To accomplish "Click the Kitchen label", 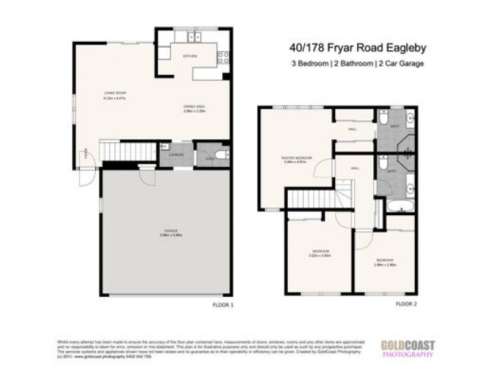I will (x=188, y=56).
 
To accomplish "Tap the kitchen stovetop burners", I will (x=223, y=57).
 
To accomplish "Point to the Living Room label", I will (x=112, y=94).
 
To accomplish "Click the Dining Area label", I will (x=194, y=107).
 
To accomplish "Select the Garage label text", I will (x=163, y=231).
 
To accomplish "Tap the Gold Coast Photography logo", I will (x=408, y=348).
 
